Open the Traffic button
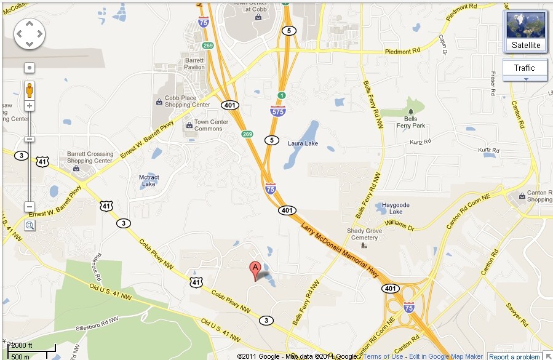[524, 68]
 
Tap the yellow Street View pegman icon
[30, 90]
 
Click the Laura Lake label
[303, 143]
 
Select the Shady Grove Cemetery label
[364, 234]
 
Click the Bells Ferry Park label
[410, 122]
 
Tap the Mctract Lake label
[149, 181]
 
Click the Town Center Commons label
[211, 126]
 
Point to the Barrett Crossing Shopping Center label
[90, 158]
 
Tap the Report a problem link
[514, 356]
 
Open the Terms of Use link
[383, 356]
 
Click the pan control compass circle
[30, 33]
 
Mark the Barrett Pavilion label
[194, 63]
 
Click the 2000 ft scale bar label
[22, 345]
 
